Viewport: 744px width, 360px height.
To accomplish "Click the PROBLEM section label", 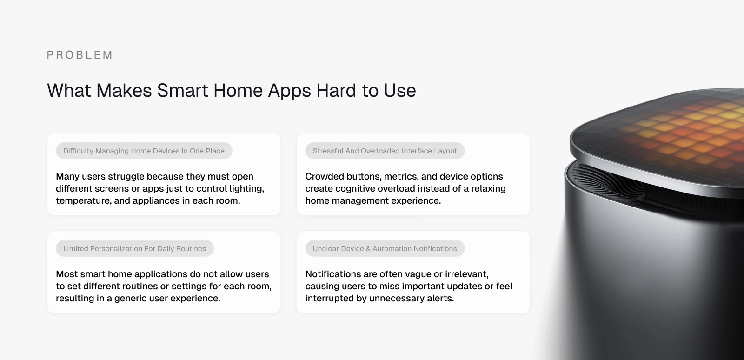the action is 80,55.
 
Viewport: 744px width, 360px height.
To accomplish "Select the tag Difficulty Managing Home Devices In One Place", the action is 144,151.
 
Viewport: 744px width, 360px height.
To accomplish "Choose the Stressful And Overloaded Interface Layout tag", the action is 385,151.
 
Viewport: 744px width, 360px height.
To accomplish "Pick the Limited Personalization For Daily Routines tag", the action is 134,248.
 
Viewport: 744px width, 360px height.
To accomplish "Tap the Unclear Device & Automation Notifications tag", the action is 385,248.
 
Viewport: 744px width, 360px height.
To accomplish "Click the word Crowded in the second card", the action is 324,176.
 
